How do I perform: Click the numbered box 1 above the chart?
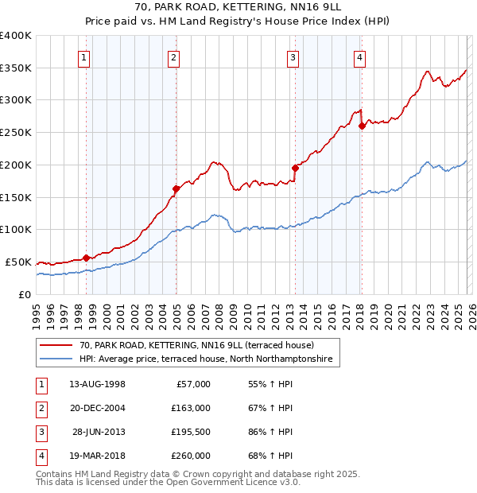(x=84, y=56)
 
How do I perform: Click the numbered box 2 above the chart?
(x=173, y=56)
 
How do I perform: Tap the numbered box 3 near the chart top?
(x=293, y=56)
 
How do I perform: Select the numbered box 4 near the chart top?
(x=359, y=56)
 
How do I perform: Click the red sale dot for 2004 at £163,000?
(x=176, y=188)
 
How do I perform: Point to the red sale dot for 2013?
(x=295, y=168)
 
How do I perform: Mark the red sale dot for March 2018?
(x=362, y=126)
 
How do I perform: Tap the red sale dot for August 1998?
(x=86, y=258)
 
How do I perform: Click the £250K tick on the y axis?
(x=16, y=132)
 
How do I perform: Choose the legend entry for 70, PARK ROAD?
(x=196, y=345)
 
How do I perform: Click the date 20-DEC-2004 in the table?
(x=97, y=408)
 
